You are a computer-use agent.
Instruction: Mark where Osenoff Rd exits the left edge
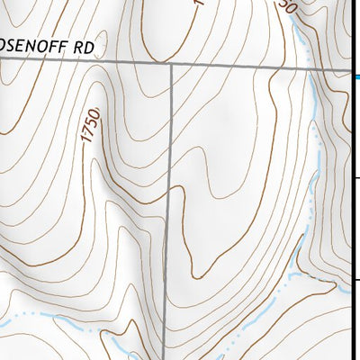(2, 58)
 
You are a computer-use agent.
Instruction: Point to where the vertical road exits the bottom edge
(164, 357)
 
